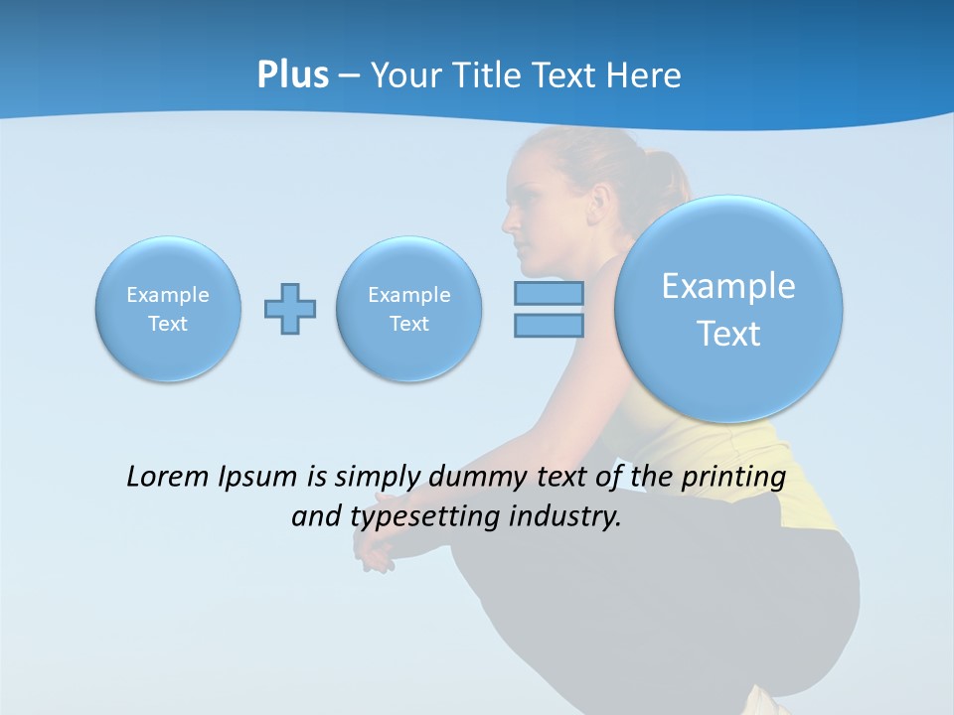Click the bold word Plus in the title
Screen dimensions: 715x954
click(x=292, y=75)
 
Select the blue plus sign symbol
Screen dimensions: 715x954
click(x=290, y=309)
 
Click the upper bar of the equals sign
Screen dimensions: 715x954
click(x=549, y=293)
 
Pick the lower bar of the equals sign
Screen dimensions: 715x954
click(x=549, y=326)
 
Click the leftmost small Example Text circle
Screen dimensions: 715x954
click(x=168, y=309)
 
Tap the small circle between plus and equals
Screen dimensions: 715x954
click(x=408, y=309)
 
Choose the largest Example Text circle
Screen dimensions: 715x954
click(x=728, y=309)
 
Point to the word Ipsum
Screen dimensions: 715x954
click(x=257, y=478)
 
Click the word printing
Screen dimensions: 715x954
click(x=732, y=478)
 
